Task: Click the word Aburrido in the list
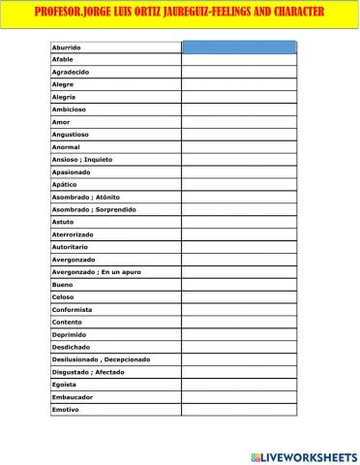66,47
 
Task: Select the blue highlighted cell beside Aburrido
238,46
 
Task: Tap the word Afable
62,60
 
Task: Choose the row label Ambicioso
69,110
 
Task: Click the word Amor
60,123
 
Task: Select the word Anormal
65,147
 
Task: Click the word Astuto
62,222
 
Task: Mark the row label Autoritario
71,247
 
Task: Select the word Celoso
62,297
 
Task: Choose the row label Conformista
72,309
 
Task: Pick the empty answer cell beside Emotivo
238,410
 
